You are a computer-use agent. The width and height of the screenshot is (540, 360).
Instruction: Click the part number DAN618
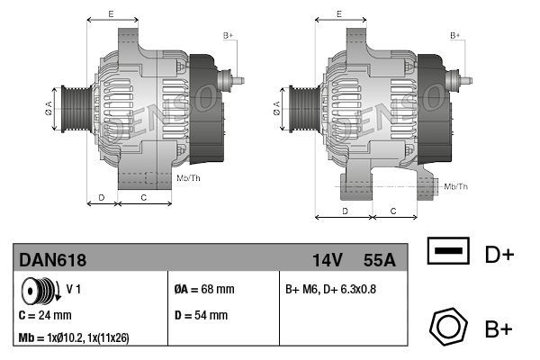[x=53, y=260]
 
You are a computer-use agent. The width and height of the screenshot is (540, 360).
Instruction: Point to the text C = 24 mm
[x=45, y=316]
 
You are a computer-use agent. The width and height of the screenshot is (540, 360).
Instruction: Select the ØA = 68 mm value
[x=203, y=290]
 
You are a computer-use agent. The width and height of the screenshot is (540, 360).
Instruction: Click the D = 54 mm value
[x=200, y=316]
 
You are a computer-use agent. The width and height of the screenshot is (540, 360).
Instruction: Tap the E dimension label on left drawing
[x=110, y=14]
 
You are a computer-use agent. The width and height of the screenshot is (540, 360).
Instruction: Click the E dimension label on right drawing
[x=338, y=14]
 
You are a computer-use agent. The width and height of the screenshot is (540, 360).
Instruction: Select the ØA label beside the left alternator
[x=49, y=109]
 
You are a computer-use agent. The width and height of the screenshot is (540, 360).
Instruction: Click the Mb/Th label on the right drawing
[x=457, y=186]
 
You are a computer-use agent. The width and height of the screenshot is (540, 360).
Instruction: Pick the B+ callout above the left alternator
[x=229, y=35]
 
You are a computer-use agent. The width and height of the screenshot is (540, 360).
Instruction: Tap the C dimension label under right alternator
[x=393, y=210]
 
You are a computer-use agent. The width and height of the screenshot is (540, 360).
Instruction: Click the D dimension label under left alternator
[x=101, y=196]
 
